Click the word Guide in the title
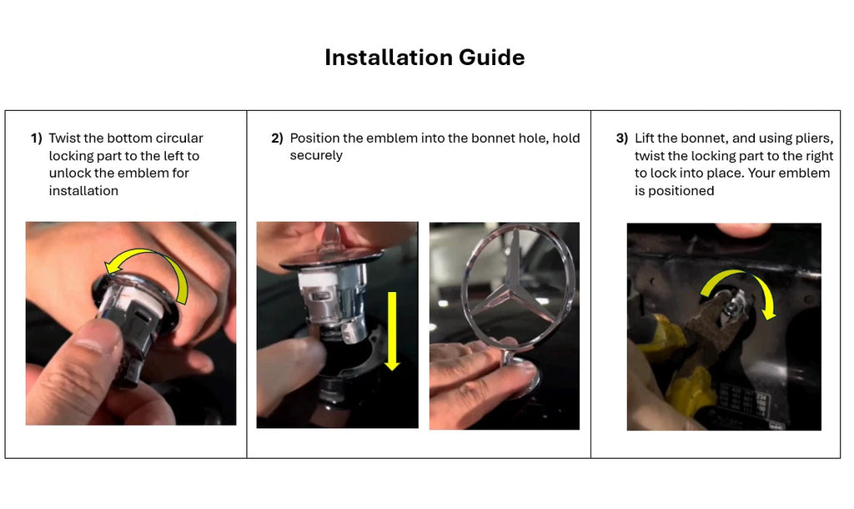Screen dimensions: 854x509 pyautogui.click(x=492, y=58)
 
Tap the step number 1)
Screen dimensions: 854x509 pyautogui.click(x=37, y=139)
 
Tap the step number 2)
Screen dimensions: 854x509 pyautogui.click(x=277, y=139)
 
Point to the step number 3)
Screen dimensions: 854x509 pyautogui.click(x=622, y=139)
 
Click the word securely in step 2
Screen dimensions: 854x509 pyautogui.click(x=316, y=156)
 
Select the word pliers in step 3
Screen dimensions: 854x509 pyautogui.click(x=814, y=139)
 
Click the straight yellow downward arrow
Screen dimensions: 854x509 pyautogui.click(x=392, y=330)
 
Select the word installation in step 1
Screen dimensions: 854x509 pyautogui.click(x=83, y=191)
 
